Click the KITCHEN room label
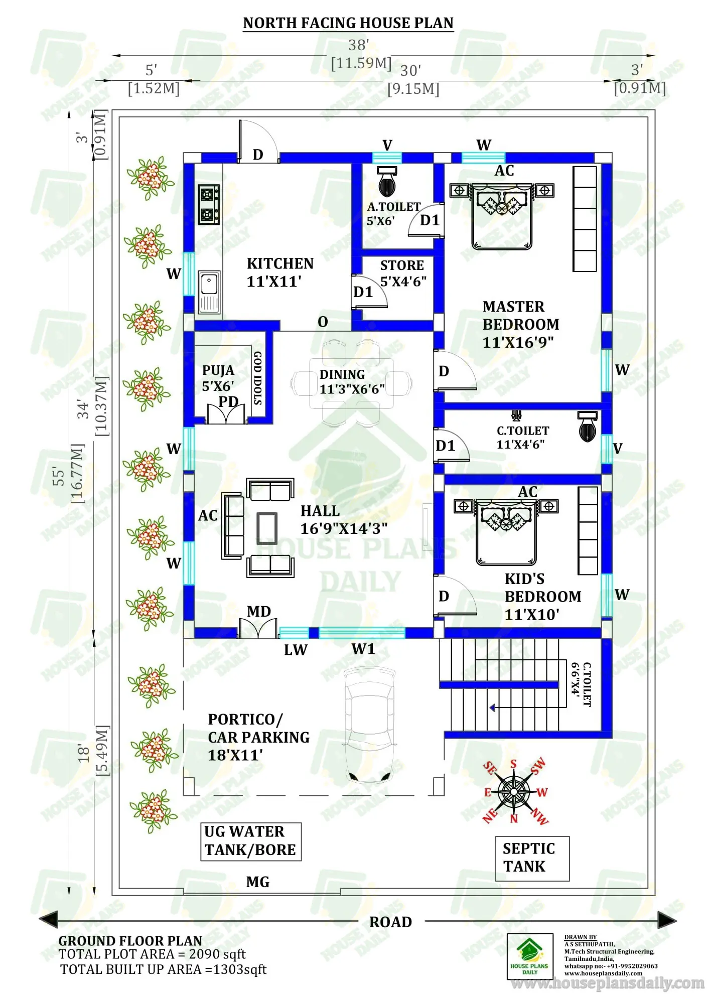[280, 263]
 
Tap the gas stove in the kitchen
[208, 205]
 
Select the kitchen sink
[209, 292]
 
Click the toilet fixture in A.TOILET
[387, 183]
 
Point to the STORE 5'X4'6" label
[402, 273]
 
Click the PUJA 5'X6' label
[218, 378]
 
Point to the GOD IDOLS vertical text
[258, 378]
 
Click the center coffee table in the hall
[267, 528]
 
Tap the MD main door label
[259, 611]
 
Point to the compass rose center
[513, 792]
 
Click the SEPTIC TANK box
[532, 858]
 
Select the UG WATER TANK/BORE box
[251, 841]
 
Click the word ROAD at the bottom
[390, 922]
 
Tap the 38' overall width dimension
[359, 45]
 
